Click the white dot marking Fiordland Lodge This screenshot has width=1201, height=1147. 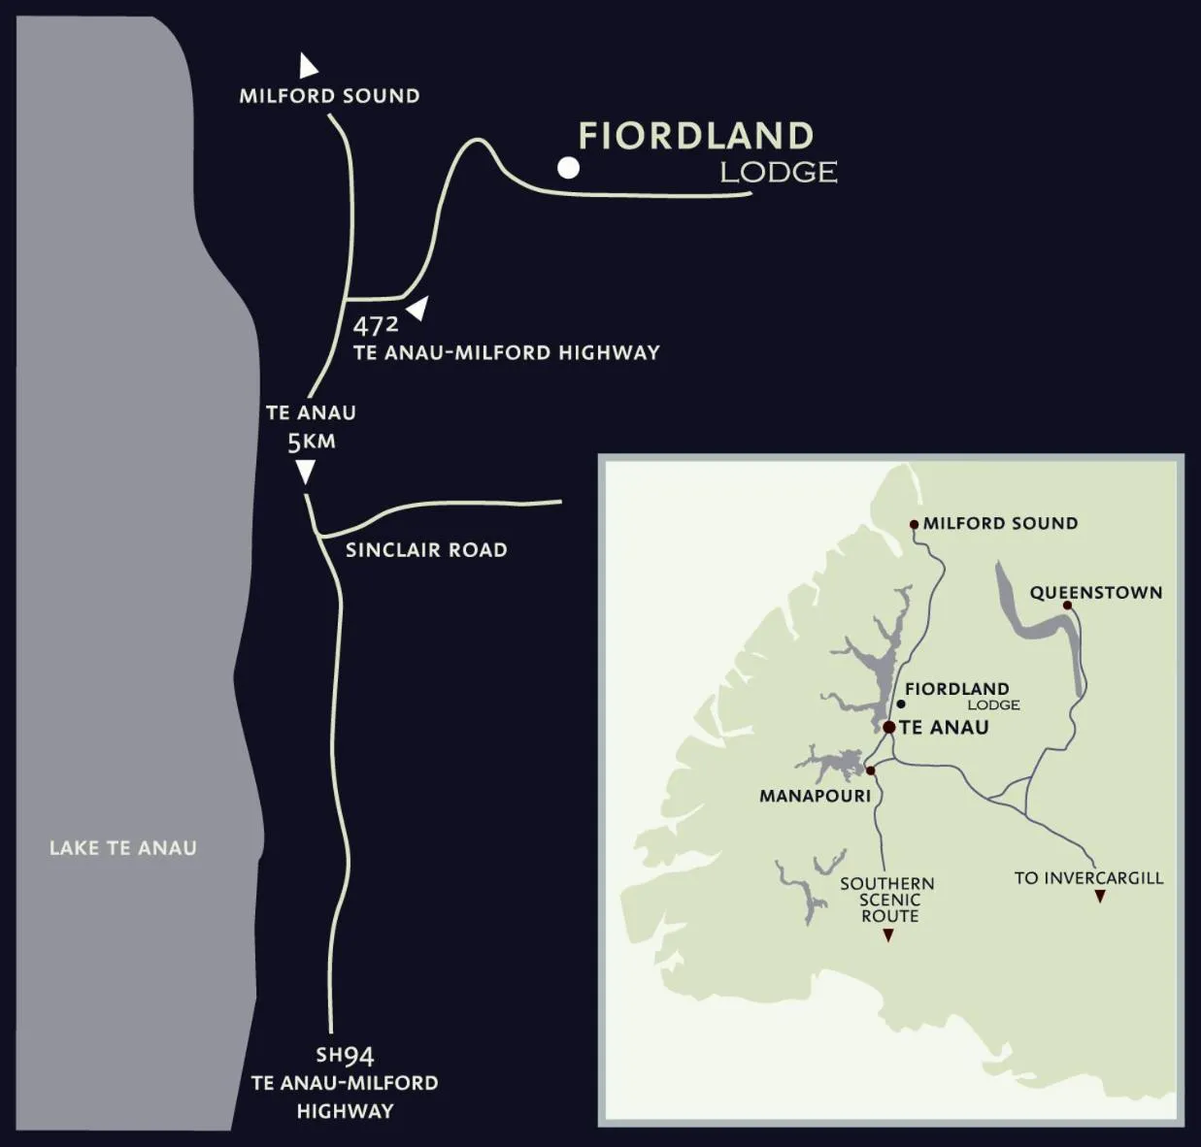[x=568, y=168]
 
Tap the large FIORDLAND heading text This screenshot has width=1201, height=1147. [x=695, y=136]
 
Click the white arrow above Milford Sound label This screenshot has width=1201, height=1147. [x=308, y=66]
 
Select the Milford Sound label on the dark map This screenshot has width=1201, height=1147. [x=329, y=96]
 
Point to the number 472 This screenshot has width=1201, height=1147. [x=375, y=325]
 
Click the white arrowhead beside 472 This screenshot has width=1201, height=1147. [x=418, y=309]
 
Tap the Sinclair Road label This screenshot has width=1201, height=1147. [x=426, y=550]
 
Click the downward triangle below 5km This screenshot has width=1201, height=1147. [x=305, y=472]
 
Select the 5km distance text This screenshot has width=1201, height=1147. [x=311, y=442]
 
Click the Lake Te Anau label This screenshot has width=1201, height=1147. [x=123, y=848]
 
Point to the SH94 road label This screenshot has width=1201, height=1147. [x=345, y=1056]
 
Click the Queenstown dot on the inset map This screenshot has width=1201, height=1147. [x=1067, y=606]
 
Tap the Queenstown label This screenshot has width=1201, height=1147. [x=1095, y=592]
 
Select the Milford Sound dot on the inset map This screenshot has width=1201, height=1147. [x=914, y=524]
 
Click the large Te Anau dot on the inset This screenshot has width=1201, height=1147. [x=888, y=727]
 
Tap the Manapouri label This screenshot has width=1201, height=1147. [x=815, y=796]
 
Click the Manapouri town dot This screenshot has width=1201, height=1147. [x=870, y=770]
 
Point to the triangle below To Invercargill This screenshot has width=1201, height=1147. [x=1100, y=897]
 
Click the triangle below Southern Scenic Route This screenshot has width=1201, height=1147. [x=887, y=935]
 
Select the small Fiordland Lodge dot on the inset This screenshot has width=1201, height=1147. [x=901, y=704]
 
